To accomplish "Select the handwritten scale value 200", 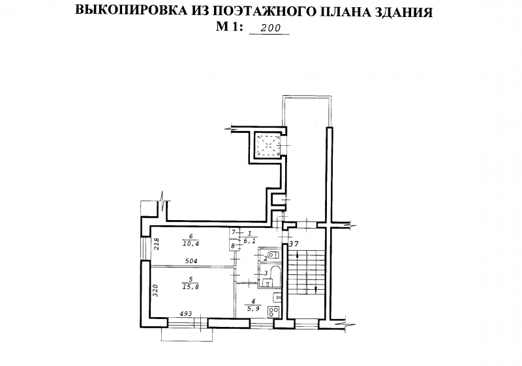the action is click(x=270, y=28).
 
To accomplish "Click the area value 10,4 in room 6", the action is click(x=191, y=244).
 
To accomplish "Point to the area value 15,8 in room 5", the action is click(x=191, y=287).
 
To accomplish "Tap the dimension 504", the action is click(x=191, y=261).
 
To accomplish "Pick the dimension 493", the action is click(x=186, y=313).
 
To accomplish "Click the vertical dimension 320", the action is click(x=156, y=290).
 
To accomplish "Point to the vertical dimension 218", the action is click(x=156, y=244).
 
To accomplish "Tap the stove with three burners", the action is click(x=275, y=311).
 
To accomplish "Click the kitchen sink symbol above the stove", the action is click(x=277, y=298).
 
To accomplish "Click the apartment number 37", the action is click(x=293, y=244).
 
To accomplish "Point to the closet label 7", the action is click(x=234, y=231).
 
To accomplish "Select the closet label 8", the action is click(x=233, y=246).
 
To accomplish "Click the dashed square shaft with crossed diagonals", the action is click(x=268, y=145).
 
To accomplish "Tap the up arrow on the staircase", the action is click(x=296, y=257).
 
